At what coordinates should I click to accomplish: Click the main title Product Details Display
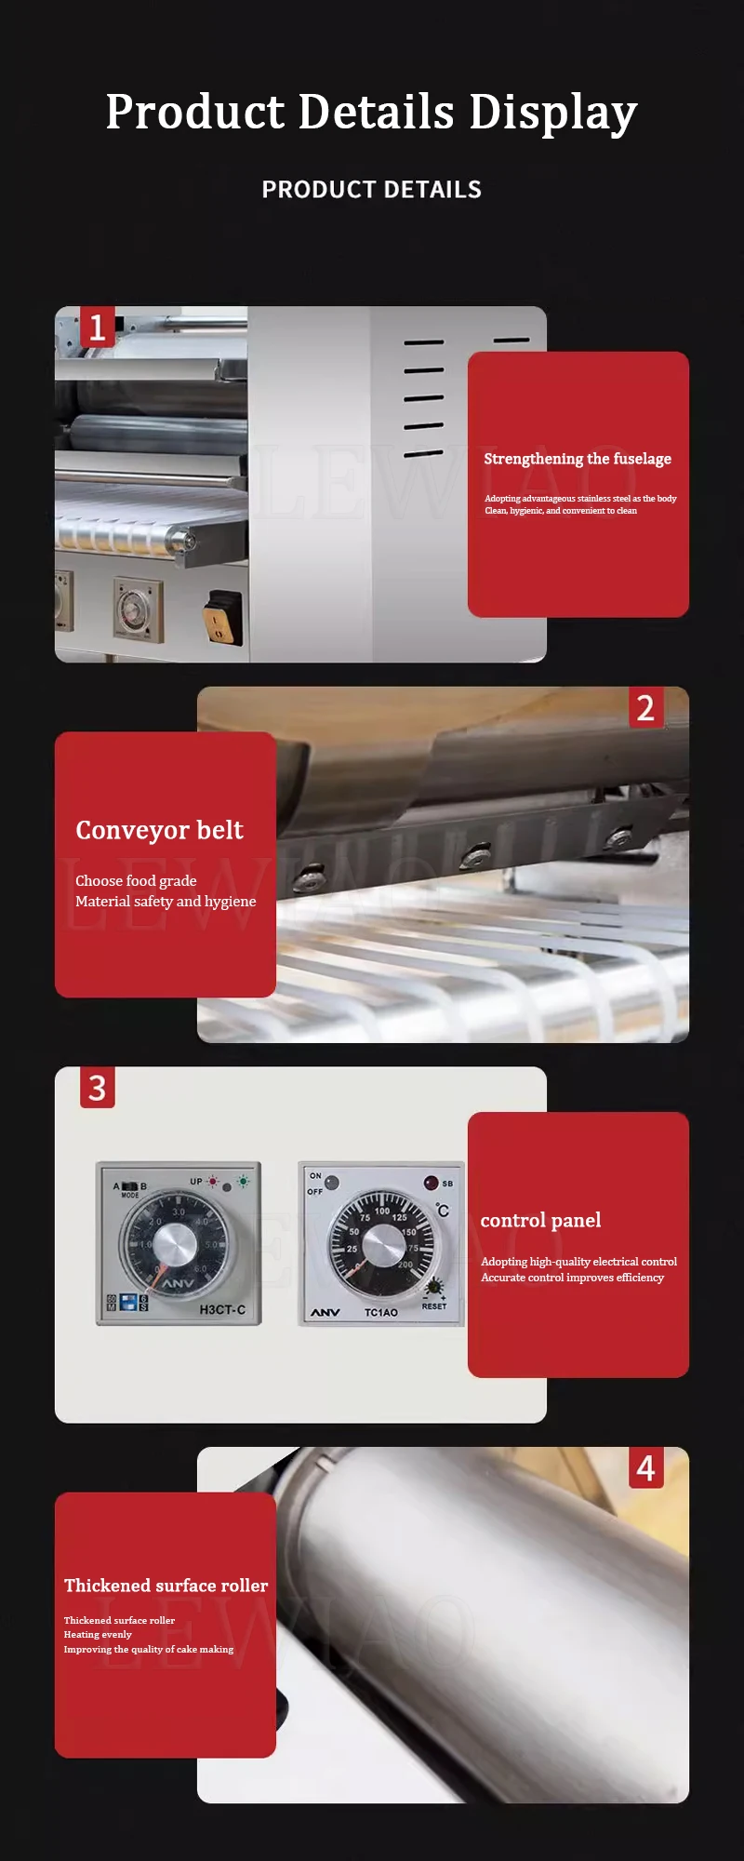click(371, 112)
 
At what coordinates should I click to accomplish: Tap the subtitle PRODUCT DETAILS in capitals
click(371, 190)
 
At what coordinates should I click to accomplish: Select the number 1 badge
click(97, 328)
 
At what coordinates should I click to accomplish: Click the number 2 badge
click(645, 708)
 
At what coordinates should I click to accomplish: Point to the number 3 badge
click(97, 1088)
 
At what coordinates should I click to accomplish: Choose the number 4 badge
click(645, 1468)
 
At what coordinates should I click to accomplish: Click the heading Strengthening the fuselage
click(577, 459)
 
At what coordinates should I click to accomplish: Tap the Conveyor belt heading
click(159, 830)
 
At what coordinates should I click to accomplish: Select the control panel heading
click(540, 1220)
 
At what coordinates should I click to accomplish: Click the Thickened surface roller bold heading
click(166, 1586)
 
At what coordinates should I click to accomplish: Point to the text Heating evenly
click(98, 1634)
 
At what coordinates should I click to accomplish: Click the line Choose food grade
click(136, 880)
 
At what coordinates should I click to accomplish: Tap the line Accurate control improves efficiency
click(572, 1278)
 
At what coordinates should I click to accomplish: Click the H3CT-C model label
click(222, 1309)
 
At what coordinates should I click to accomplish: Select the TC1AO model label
click(380, 1312)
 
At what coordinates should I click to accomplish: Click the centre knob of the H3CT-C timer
click(174, 1245)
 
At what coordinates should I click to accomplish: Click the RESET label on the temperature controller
click(433, 1306)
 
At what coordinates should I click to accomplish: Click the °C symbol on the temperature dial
click(443, 1210)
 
